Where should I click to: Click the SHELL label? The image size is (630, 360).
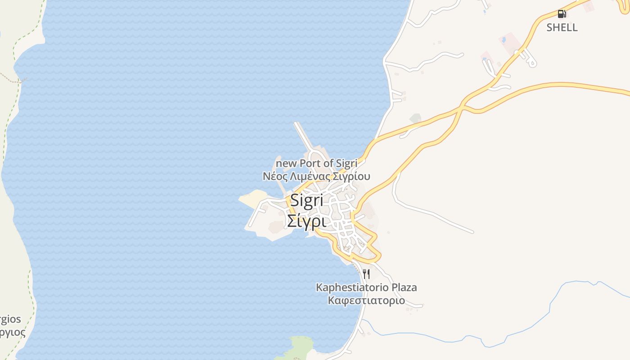562,27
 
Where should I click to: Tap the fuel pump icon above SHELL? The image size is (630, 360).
561,14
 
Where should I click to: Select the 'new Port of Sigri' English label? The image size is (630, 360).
316,163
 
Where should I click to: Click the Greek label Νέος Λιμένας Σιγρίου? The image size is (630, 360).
316,176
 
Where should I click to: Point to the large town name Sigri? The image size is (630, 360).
307,200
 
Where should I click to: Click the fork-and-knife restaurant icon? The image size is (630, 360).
366,274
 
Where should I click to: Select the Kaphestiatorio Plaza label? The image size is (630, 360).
366,287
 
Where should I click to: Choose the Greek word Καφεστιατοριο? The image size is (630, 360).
366,300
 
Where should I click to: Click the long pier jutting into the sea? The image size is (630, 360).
304,135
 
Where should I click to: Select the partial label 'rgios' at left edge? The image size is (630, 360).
10,319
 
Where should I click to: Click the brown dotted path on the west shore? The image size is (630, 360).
11,78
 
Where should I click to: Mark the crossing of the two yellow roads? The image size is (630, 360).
462,108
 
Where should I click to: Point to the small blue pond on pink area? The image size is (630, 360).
503,40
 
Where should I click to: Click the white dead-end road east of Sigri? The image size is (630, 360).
432,214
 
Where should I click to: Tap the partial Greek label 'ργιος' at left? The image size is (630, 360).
12,333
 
